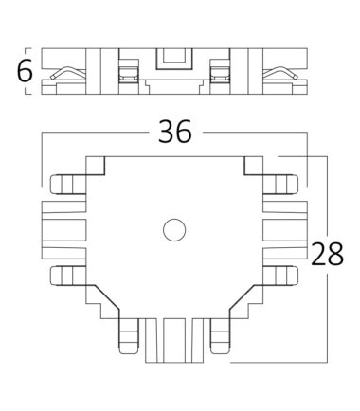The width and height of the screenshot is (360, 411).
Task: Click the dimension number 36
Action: coord(174,132)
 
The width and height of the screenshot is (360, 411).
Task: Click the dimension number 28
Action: coord(327,254)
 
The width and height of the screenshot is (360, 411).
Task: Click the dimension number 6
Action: coord(25,70)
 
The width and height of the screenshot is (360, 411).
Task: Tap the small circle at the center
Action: coord(174,230)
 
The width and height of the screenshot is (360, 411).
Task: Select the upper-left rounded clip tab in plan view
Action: coord(68,184)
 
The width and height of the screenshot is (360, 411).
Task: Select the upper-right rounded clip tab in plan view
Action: coord(280,184)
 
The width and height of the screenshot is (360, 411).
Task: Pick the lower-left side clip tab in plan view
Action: coord(68,276)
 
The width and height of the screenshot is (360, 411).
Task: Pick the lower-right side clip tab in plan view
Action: coord(280,276)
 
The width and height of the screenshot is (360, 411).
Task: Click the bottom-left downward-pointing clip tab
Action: coord(129,336)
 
